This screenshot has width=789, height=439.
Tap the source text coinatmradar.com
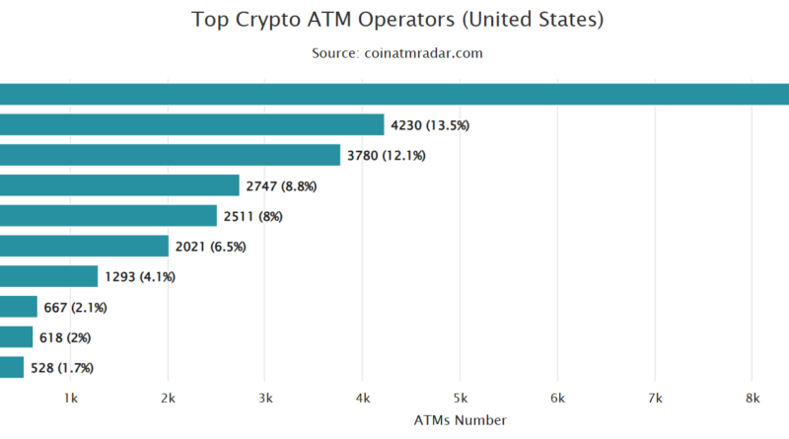point(397,53)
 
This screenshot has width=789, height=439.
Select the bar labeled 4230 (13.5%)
point(191,124)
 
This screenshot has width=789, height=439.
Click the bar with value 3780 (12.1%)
point(170,155)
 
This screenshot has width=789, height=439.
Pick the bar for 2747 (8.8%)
point(119,185)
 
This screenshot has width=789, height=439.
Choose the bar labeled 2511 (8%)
point(108,216)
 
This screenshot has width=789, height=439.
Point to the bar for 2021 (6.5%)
point(84,246)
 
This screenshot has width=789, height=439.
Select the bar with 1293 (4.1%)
point(48,276)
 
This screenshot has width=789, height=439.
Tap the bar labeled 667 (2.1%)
point(18,307)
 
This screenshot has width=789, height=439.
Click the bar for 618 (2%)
point(16,337)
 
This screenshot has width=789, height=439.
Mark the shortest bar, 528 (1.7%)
point(12,368)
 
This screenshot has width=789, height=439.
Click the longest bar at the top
point(394,94)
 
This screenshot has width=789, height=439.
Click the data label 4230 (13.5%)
point(430,125)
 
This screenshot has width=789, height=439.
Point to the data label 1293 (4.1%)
point(139,277)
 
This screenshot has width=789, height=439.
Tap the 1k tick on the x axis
point(70,399)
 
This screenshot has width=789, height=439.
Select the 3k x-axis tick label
point(265,399)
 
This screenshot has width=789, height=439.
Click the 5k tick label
point(461,399)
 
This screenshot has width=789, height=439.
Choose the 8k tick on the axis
point(753,399)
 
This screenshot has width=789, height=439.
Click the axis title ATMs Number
point(461,420)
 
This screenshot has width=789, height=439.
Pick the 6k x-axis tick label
point(557,399)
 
